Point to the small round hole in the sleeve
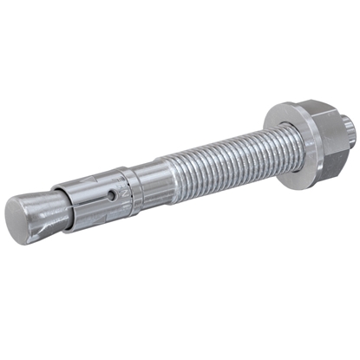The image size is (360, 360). (x=111, y=195)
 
